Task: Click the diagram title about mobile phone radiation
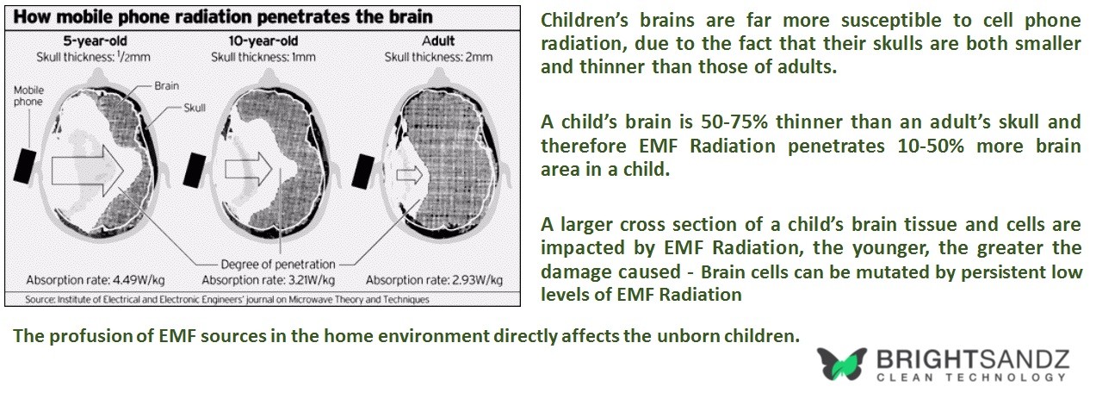click(x=223, y=17)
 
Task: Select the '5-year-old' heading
click(x=95, y=41)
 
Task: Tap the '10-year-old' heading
click(x=263, y=41)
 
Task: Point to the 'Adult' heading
click(x=438, y=41)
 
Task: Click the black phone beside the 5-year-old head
click(x=25, y=166)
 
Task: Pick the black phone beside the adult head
click(x=363, y=171)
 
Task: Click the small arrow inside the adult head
click(x=410, y=175)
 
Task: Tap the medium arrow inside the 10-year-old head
click(x=248, y=169)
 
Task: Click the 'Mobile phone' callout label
click(x=28, y=96)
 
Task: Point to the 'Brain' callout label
click(x=166, y=85)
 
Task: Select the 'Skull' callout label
click(x=195, y=108)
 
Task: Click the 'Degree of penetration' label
click(x=278, y=265)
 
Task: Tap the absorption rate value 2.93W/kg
click(x=477, y=280)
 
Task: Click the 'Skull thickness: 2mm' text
click(x=438, y=57)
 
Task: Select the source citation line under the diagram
click(x=227, y=299)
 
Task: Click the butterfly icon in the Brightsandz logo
click(x=841, y=364)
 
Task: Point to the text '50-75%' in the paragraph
click(x=734, y=122)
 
